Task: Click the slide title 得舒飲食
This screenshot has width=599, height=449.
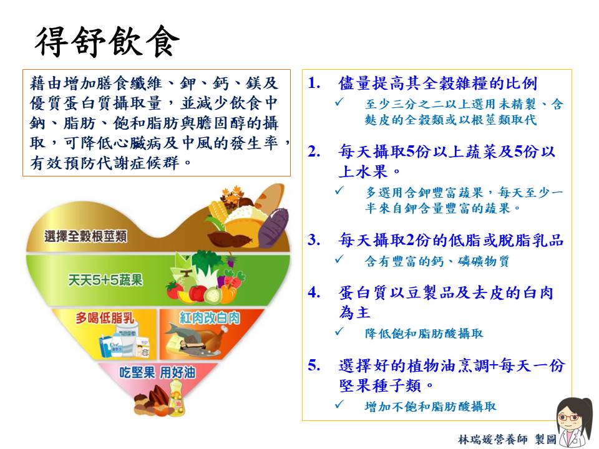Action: click(x=107, y=41)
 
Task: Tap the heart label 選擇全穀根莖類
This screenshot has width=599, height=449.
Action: click(x=85, y=236)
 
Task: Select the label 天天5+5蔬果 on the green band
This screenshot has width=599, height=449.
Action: click(x=105, y=280)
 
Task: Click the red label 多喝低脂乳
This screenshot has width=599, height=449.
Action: click(x=105, y=317)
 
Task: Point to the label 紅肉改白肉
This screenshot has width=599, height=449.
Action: click(x=210, y=317)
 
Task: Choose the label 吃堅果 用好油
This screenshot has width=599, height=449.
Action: click(x=157, y=372)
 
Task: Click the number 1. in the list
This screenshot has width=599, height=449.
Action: click(x=314, y=83)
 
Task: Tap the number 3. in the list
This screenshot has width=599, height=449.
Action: click(x=314, y=239)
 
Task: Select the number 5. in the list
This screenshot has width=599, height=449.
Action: click(x=314, y=365)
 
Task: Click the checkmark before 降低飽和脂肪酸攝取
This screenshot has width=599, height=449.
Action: click(x=339, y=332)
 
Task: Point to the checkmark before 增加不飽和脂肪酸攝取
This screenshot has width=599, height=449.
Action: click(x=339, y=404)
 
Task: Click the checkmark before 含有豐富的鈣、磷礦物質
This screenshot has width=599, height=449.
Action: click(x=339, y=259)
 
